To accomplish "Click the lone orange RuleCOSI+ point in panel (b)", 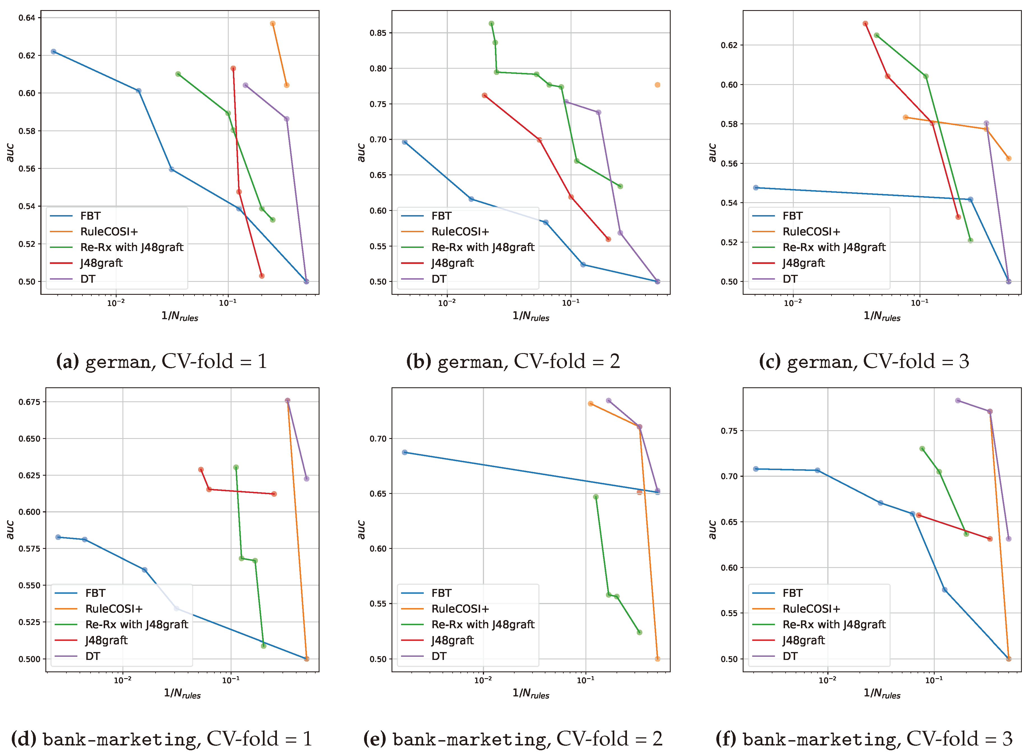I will click(x=657, y=85).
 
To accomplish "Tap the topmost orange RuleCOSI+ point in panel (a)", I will click(x=273, y=24).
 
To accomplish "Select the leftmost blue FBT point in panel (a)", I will click(x=54, y=52).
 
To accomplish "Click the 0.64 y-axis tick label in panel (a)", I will click(x=27, y=18).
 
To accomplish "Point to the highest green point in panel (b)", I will click(x=491, y=24).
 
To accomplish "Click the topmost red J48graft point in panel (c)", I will click(x=865, y=24).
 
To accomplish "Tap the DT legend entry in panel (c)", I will click(x=790, y=279).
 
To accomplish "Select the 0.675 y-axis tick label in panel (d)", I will click(x=29, y=402).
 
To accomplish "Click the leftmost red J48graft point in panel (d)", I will click(x=201, y=469).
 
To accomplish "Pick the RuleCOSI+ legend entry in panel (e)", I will click(x=460, y=609).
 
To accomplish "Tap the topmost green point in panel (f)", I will click(x=922, y=449).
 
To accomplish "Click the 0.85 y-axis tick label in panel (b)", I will click(x=378, y=33).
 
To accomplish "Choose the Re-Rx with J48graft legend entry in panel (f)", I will click(x=834, y=624).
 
